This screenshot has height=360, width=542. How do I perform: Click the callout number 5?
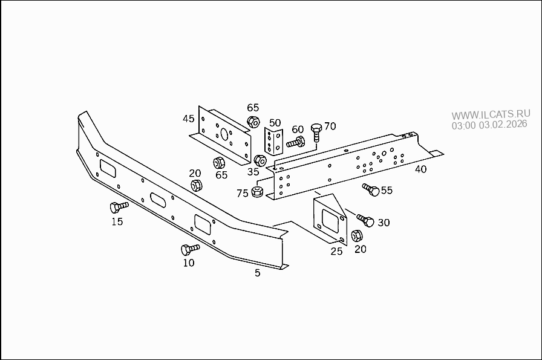[257, 273]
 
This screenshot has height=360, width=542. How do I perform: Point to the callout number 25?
[336, 250]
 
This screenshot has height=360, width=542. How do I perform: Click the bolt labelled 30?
[365, 220]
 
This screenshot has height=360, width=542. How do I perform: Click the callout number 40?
[420, 169]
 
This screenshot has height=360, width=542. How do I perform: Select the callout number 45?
[189, 119]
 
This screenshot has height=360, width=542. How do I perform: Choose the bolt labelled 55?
[371, 190]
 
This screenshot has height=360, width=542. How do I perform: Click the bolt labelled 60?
[295, 143]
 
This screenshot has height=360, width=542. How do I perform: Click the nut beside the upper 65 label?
[253, 122]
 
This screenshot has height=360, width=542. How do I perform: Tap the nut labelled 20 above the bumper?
[196, 186]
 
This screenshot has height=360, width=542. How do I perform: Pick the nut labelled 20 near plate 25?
[357, 235]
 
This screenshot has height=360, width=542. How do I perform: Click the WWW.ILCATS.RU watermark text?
[491, 114]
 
